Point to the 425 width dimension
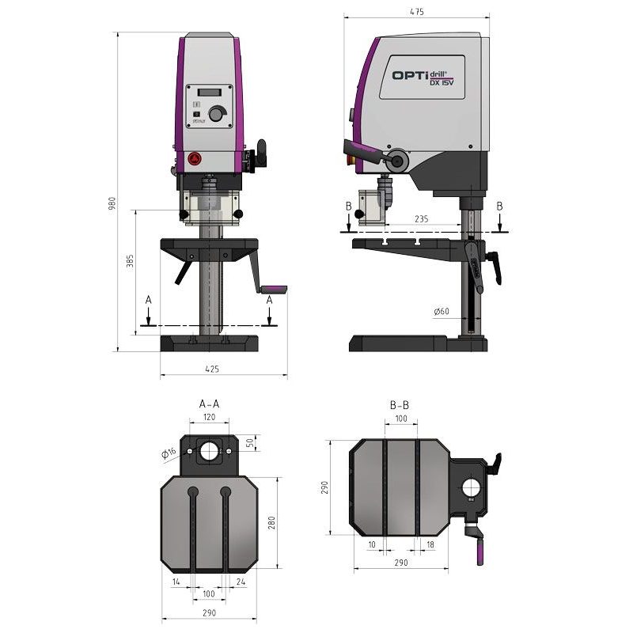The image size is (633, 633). pyautogui.click(x=211, y=368)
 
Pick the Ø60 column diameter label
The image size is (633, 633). pyautogui.click(x=441, y=312)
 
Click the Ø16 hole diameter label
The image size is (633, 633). pyautogui.click(x=167, y=453)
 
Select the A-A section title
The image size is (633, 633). pyautogui.click(x=209, y=404)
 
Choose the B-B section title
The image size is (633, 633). pyautogui.click(x=400, y=405)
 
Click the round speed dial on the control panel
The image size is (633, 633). pyautogui.click(x=217, y=114)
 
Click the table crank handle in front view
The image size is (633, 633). pyautogui.click(x=272, y=289)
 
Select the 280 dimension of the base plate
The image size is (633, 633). pyautogui.click(x=271, y=523)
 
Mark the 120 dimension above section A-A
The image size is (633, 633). pyautogui.click(x=209, y=417)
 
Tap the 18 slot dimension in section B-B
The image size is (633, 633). pyautogui.click(x=430, y=544)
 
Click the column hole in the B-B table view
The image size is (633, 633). pyautogui.click(x=472, y=488)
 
